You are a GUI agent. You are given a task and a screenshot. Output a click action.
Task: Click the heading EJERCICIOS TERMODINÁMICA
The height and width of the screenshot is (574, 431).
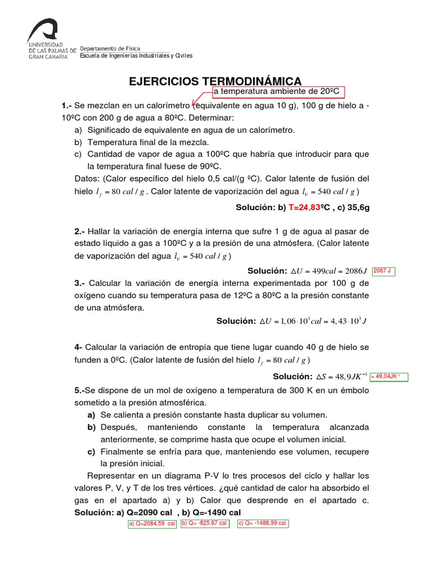click(215, 81)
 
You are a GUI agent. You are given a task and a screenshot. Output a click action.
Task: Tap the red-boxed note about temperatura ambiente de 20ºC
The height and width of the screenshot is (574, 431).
click(277, 92)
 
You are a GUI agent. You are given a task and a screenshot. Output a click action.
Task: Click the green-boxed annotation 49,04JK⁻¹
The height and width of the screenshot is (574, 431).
click(388, 377)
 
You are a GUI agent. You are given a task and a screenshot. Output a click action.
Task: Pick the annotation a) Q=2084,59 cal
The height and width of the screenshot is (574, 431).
click(152, 524)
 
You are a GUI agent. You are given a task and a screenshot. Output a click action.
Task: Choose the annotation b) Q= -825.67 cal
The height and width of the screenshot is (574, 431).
click(204, 523)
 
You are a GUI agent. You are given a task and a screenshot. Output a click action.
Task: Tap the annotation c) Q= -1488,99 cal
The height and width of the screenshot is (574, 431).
click(263, 523)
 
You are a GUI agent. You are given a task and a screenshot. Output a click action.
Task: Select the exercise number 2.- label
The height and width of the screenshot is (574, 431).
click(79, 232)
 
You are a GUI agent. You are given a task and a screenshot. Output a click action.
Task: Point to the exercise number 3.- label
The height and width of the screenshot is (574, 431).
click(79, 283)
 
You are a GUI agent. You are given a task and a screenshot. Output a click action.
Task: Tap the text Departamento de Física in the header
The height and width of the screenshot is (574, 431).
click(110, 49)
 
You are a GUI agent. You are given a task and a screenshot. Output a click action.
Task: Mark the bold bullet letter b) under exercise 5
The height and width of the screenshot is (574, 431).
click(91, 427)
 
